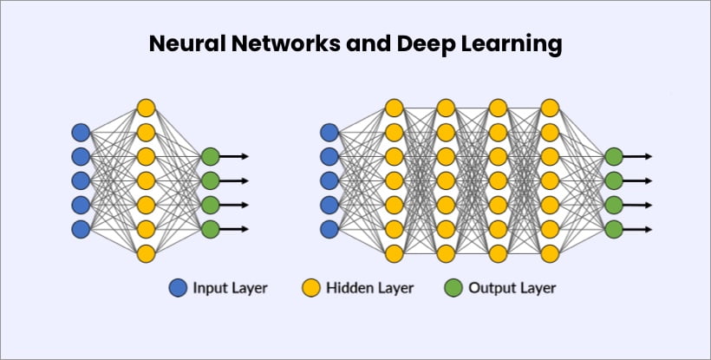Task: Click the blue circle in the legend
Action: point(178,288)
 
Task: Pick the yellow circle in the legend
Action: point(311,288)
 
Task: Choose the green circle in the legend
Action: point(453,288)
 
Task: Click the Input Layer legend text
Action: point(230,288)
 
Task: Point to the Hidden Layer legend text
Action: point(369,288)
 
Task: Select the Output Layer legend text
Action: point(512,288)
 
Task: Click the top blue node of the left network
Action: point(81,133)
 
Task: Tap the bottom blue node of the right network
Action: point(329,229)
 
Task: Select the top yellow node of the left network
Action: point(146,108)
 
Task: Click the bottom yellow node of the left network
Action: point(146,253)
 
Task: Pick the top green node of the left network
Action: point(211,156)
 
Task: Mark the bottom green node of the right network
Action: point(614,229)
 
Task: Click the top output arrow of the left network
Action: point(234,156)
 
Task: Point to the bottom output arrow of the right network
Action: point(637,229)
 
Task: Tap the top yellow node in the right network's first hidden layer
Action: point(394,108)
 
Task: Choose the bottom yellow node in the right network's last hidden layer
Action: point(550,253)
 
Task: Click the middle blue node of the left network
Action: point(81,180)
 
